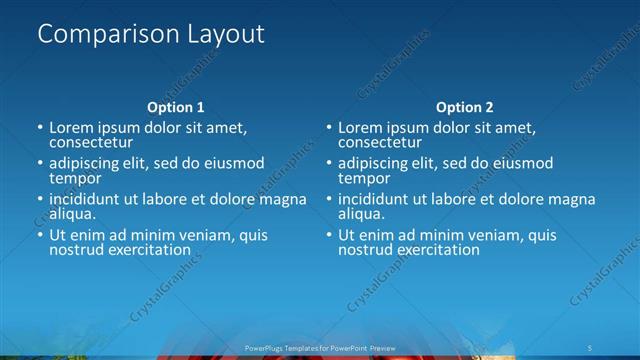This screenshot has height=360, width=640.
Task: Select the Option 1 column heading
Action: [x=176, y=107]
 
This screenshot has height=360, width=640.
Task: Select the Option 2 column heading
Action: [x=464, y=107]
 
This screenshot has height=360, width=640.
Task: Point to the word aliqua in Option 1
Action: [x=72, y=214]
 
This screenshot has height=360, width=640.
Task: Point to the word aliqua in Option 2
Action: [x=360, y=214]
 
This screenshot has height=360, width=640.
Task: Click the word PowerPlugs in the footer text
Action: [x=262, y=348]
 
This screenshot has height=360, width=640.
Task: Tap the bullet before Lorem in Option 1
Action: [x=40, y=129]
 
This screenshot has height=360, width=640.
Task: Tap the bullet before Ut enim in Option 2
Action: [x=328, y=236]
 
